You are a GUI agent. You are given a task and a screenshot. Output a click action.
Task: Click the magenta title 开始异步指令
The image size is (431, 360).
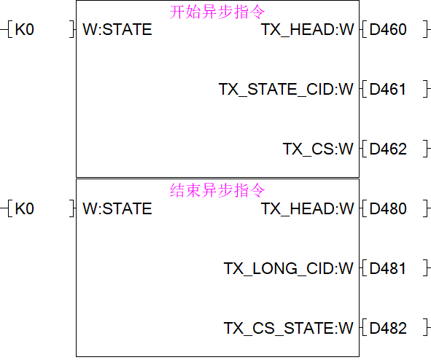217,12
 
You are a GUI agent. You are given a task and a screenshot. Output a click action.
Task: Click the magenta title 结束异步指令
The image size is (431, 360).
217,190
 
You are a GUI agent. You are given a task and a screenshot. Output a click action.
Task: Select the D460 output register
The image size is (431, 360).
387,29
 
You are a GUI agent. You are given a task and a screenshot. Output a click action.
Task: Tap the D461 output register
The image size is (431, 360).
387,89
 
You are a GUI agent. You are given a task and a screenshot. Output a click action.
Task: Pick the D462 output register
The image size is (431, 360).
387,149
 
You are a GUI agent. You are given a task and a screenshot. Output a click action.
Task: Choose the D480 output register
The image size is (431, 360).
387,208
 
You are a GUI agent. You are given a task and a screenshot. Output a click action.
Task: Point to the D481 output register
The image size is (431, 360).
387,268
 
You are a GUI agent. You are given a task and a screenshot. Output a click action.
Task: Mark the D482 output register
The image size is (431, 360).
387,328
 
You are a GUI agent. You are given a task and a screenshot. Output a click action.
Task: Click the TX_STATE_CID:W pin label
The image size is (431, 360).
286,90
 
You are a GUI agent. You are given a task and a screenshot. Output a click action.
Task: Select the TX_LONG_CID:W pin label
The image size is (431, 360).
288,269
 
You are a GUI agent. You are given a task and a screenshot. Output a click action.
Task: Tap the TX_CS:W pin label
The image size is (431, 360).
318,149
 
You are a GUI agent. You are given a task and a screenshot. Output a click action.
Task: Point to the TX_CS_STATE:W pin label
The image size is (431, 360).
288,329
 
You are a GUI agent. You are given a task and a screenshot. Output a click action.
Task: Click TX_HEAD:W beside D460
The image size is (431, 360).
307,30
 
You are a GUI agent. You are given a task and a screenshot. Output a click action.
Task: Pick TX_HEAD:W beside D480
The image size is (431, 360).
307,209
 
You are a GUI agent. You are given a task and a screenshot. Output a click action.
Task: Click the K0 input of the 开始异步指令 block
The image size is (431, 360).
25,29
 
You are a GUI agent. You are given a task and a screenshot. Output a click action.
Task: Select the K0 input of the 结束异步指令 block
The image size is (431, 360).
25,208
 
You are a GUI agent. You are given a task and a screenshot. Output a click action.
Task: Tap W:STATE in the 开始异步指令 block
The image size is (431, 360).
117,29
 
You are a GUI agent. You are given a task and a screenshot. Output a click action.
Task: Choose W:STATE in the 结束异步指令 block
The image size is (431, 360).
117,208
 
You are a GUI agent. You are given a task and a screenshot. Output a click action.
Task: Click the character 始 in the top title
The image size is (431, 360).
193,12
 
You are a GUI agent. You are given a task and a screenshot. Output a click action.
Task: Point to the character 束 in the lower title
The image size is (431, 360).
193,190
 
